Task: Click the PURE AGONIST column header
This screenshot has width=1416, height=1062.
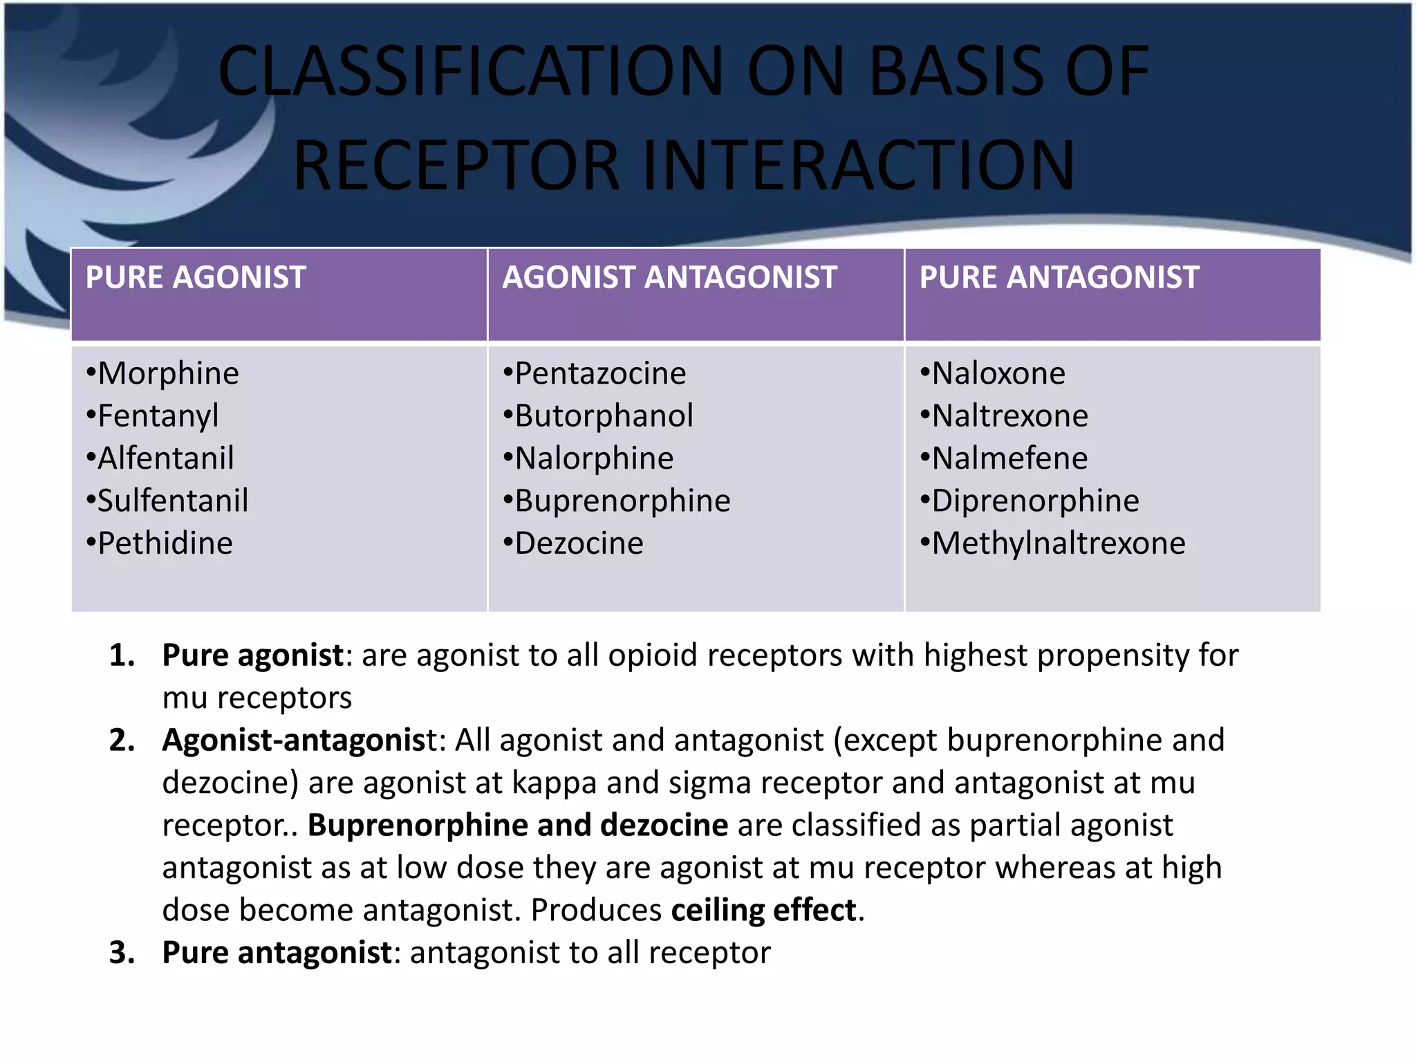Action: pos(196,278)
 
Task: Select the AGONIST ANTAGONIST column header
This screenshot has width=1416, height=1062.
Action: pos(669,278)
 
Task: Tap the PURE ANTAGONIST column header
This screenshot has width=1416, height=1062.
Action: pos(1059,278)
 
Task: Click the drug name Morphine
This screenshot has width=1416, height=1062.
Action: pos(168,373)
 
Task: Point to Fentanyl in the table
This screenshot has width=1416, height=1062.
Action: pos(158,416)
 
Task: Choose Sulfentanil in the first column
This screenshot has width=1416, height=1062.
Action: pos(172,501)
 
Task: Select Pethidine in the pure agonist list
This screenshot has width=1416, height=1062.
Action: pos(165,543)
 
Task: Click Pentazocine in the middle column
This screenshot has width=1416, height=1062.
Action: pos(599,373)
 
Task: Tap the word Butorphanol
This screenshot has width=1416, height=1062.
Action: pos(603,416)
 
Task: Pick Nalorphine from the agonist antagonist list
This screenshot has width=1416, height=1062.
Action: pos(593,458)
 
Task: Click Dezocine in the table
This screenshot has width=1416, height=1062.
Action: pos(578,543)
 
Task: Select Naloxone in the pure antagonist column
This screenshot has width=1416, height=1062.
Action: pos(998,373)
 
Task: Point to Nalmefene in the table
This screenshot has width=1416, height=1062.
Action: pos(1009,458)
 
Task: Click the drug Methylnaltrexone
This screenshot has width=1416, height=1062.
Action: pos(1058,543)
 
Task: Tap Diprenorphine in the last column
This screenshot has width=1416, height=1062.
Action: pos(1034,501)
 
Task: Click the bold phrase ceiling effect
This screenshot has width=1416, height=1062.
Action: pos(764,910)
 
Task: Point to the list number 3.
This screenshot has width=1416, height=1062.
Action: pos(122,953)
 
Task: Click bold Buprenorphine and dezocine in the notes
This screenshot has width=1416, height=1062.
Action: pos(517,825)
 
